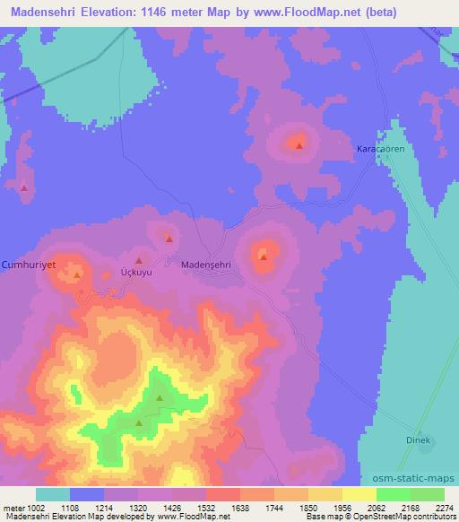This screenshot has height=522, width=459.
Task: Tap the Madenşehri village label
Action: [x=206, y=265]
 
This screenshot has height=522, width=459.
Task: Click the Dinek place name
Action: [x=420, y=440]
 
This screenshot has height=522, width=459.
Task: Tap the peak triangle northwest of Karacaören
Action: [x=299, y=144]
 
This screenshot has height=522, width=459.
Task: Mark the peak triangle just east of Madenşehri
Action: [x=263, y=258]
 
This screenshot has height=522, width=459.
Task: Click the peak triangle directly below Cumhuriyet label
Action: [x=77, y=275]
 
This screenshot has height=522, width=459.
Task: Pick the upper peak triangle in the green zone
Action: [x=160, y=398]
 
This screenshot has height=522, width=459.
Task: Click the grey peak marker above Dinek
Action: [x=419, y=430]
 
